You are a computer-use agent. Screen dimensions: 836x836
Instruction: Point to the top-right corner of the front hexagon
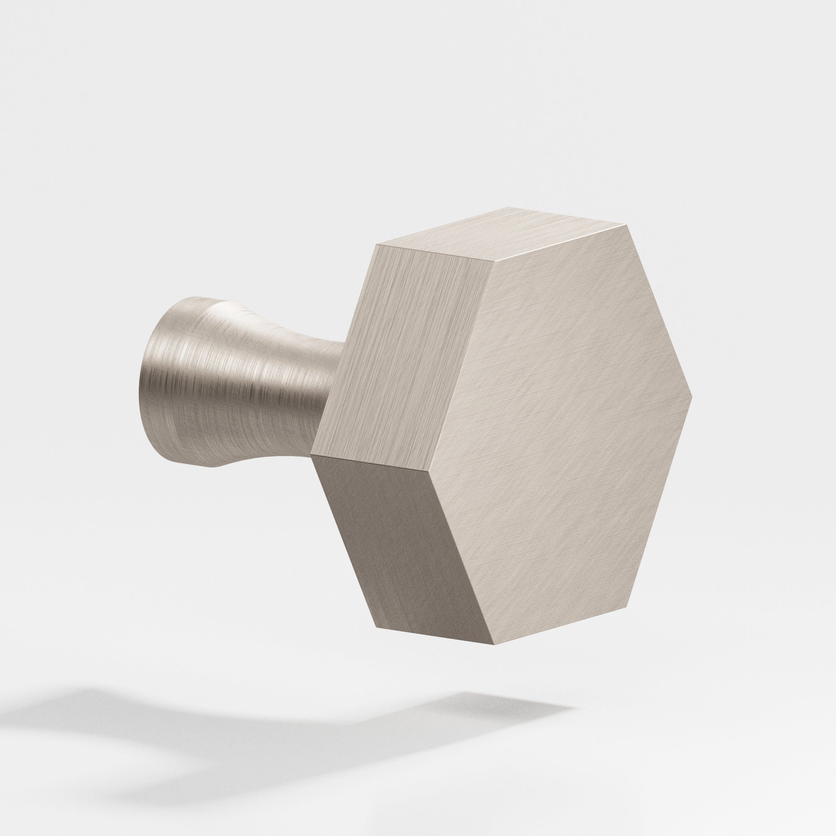tap(626, 225)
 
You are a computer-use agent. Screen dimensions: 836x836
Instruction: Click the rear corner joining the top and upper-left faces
tap(378, 245)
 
